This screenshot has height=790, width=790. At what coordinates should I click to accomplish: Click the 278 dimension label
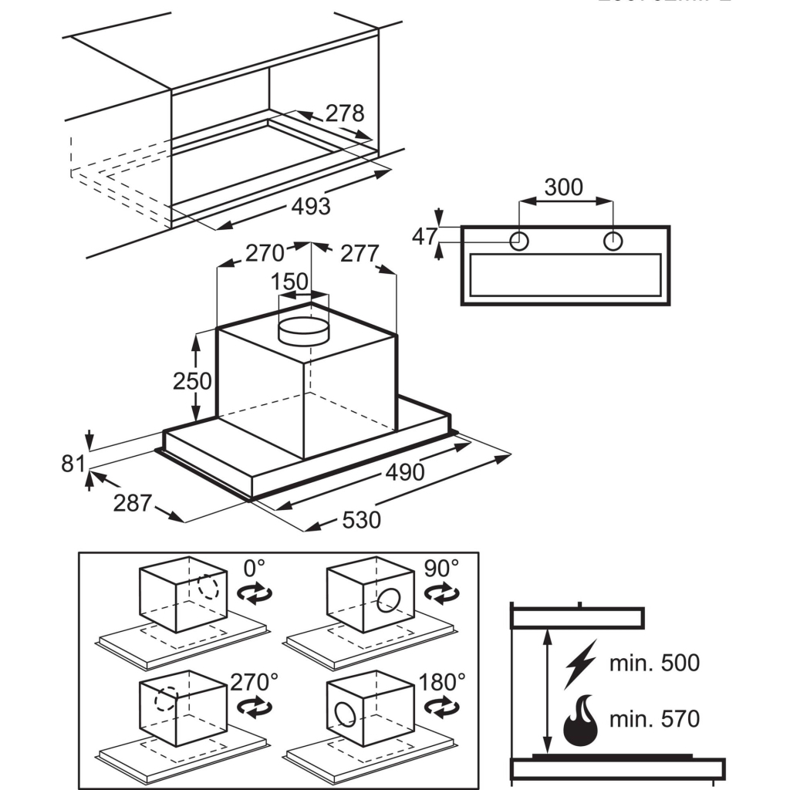pyautogui.click(x=344, y=113)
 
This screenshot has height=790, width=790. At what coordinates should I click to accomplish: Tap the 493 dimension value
pyautogui.click(x=311, y=207)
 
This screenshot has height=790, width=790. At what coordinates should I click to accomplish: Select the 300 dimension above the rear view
pyautogui.click(x=564, y=187)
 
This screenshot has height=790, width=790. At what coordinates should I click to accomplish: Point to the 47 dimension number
pyautogui.click(x=424, y=236)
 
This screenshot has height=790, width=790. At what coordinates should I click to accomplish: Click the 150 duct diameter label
pyautogui.click(x=292, y=282)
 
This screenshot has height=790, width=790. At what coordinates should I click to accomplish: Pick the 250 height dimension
pyautogui.click(x=192, y=381)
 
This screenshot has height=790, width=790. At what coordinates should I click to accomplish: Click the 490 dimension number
pyautogui.click(x=405, y=471)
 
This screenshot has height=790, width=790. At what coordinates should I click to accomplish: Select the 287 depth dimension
pyautogui.click(x=133, y=503)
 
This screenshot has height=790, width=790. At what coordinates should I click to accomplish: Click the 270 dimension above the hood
pyautogui.click(x=265, y=253)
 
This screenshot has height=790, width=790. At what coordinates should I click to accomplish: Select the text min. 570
pyautogui.click(x=654, y=720)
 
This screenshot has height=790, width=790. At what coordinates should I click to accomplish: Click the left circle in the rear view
pyautogui.click(x=520, y=241)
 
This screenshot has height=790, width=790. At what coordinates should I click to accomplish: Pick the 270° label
pyautogui.click(x=254, y=682)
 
